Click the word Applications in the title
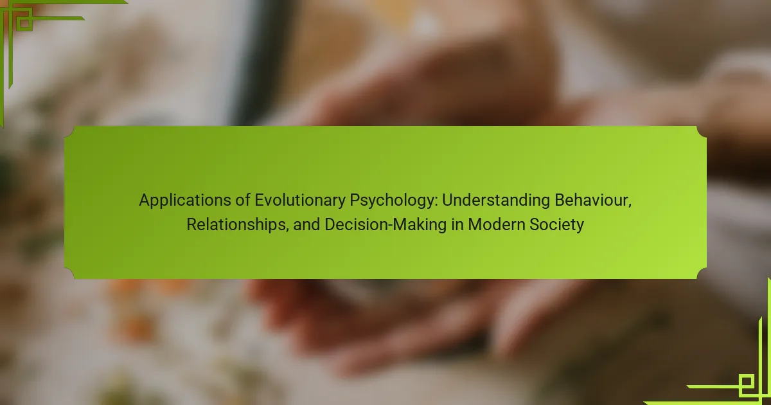(185, 201)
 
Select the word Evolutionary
(300, 201)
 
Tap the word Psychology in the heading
(393, 201)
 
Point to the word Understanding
(496, 201)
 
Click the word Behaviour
(591, 200)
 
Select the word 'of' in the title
(243, 200)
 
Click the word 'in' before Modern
(457, 224)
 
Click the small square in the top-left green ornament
(24, 23)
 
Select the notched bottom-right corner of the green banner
(702, 274)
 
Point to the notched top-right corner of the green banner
(702, 132)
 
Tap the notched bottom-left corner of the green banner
(69, 274)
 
